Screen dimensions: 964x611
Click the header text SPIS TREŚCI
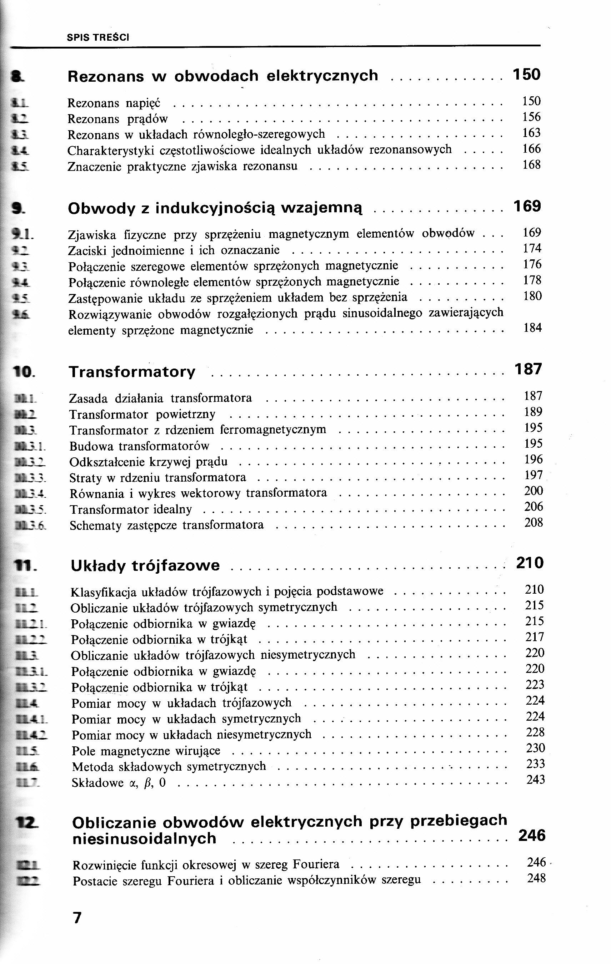point(98,37)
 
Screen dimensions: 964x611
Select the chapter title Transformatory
point(132,371)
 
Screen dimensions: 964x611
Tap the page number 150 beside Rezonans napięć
point(531,101)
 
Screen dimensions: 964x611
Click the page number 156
point(531,117)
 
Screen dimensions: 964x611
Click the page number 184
point(532,328)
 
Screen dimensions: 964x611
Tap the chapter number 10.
point(23,372)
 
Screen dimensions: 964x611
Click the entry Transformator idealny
point(131,509)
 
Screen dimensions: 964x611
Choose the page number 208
point(534,522)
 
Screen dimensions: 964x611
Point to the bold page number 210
point(529,563)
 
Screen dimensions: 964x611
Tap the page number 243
point(535,780)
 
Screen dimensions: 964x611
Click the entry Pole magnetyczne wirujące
point(146,751)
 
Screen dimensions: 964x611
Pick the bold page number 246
point(532,836)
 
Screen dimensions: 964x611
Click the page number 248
point(536,878)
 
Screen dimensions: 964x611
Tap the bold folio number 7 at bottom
point(77,917)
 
